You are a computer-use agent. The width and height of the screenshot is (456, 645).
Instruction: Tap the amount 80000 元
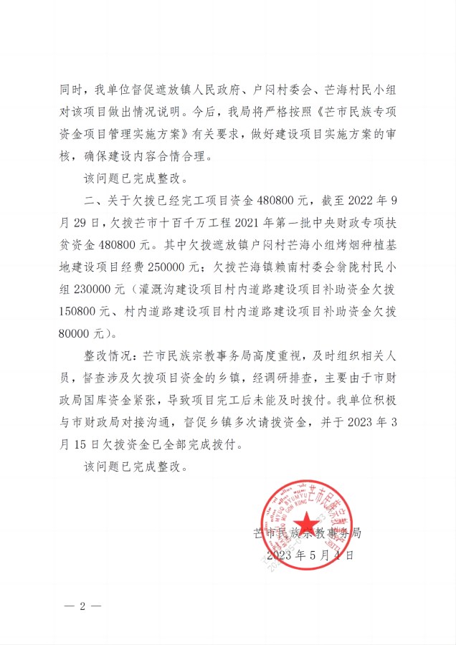(x=80, y=333)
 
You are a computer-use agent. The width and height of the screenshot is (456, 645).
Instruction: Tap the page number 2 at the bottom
(x=82, y=606)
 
